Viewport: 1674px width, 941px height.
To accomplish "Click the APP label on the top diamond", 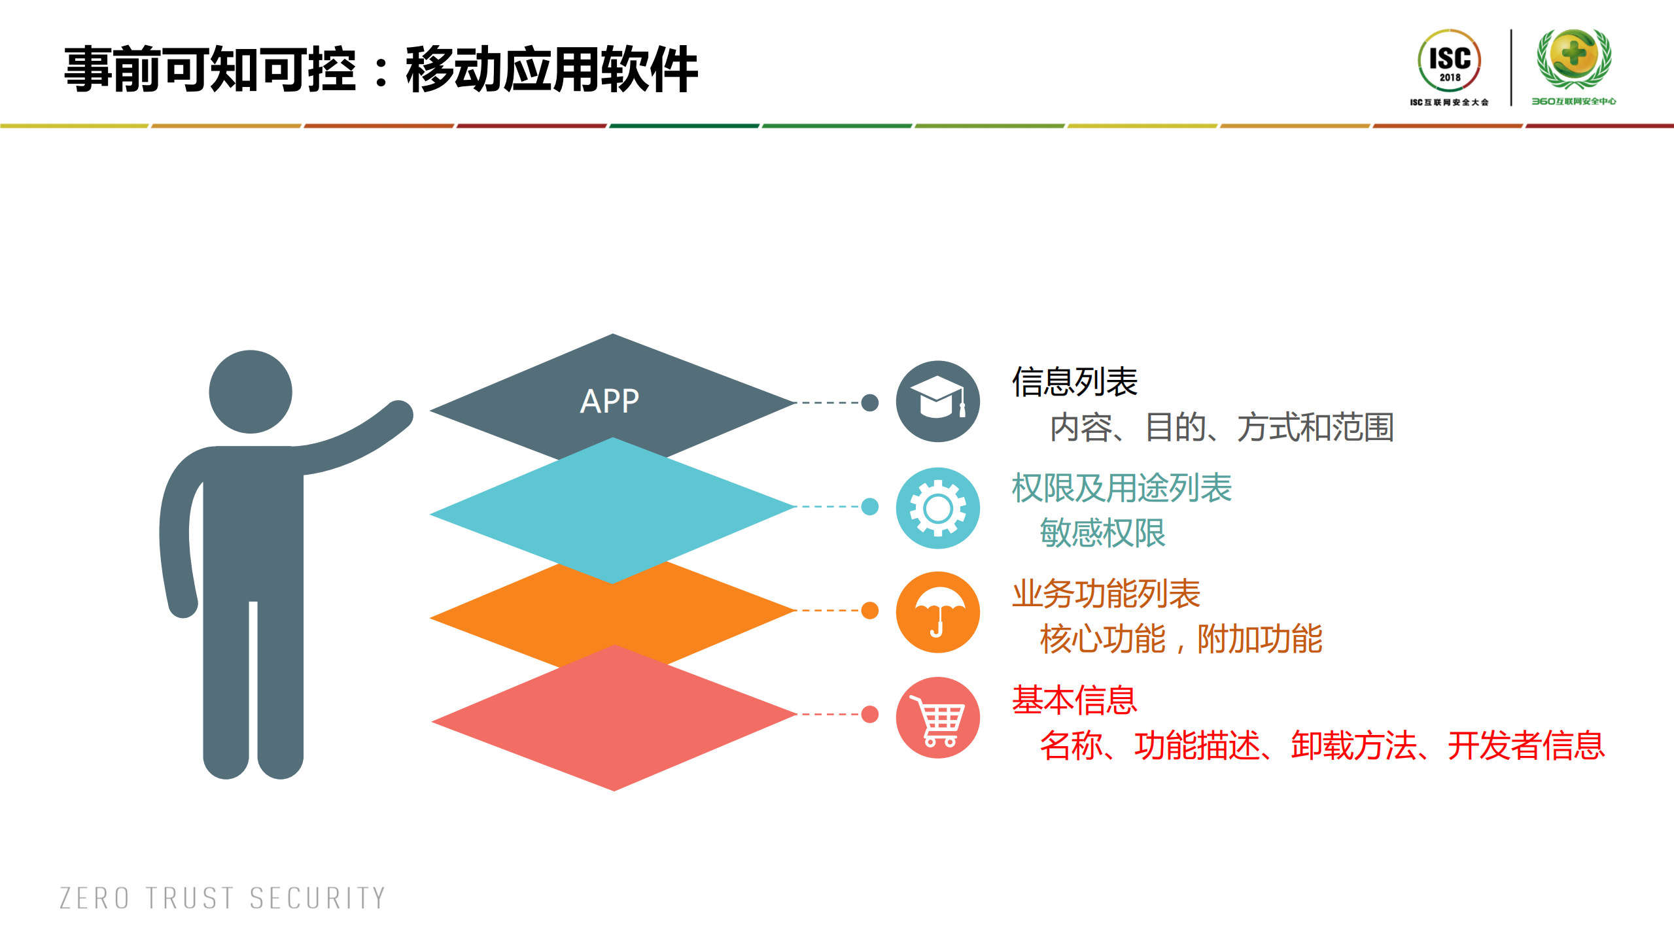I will pos(609,401).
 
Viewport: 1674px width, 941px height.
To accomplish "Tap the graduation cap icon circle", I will pos(937,401).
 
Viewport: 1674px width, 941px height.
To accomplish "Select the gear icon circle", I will pos(937,508).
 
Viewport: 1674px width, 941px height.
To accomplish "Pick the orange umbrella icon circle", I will pos(937,612).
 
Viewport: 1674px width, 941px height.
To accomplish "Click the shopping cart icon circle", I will pos(937,717).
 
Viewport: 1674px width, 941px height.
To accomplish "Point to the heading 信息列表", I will pos(1074,382).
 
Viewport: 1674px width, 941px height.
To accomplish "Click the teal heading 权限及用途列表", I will pos(1121,488).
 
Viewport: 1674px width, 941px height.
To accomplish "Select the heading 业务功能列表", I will pos(1106,594).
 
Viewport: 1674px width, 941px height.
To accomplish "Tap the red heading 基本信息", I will pos(1074,700).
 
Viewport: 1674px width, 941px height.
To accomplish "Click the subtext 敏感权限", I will pos(1102,533).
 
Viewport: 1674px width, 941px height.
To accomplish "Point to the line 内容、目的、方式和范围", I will pos(1221,427).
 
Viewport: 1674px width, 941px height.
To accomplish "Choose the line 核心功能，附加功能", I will pos(1181,639).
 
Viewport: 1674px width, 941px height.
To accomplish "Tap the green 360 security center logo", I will pos(1573,66).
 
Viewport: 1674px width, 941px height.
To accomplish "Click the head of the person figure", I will pos(251,392).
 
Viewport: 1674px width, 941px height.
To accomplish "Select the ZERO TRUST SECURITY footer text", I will pos(222,898).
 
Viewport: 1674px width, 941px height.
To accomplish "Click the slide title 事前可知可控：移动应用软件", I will pos(381,69).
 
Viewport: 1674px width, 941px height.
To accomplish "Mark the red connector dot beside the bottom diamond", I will pos(869,714).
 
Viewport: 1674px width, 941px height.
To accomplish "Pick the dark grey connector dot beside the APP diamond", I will pos(869,403).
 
